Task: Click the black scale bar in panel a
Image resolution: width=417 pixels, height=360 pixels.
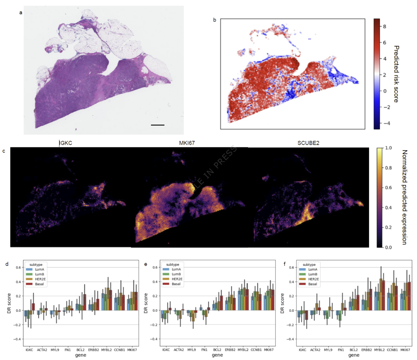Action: point(158,125)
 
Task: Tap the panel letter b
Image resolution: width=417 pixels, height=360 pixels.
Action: point(215,20)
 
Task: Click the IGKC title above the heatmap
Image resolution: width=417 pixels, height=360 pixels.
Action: point(66,143)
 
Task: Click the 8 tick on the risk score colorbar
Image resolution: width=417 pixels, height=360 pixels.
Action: point(385,27)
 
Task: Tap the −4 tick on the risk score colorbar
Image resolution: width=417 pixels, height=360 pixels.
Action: point(385,123)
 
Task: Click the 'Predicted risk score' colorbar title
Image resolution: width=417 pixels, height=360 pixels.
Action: point(396,73)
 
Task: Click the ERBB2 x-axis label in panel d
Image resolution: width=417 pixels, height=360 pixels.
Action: point(94,350)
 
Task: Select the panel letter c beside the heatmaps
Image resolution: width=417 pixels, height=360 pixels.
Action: point(4,151)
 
